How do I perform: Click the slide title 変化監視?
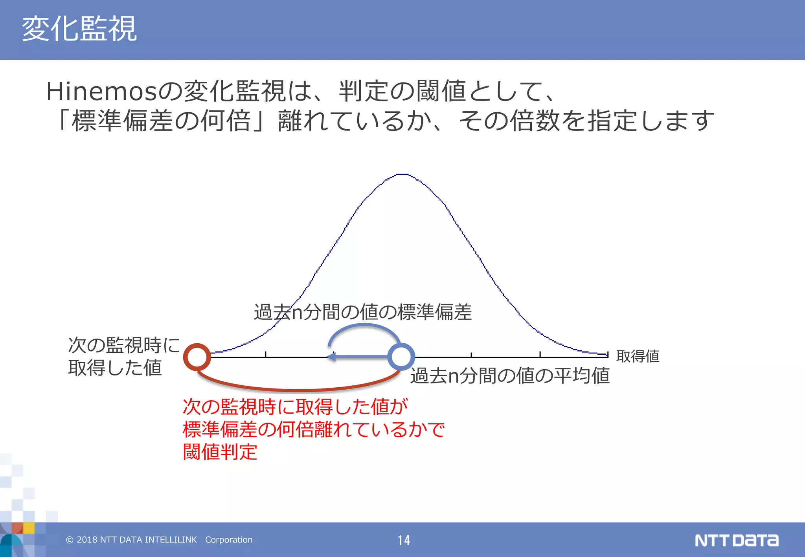point(79,29)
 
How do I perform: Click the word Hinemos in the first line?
point(101,91)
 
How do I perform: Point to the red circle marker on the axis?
point(197,357)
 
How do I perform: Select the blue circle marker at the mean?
point(401,357)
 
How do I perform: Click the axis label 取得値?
point(638,356)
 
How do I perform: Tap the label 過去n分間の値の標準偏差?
point(362,312)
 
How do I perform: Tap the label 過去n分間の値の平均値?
point(510,376)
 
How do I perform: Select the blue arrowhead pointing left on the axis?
point(331,357)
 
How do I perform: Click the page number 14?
point(404,540)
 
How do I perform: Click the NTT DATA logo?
point(736,540)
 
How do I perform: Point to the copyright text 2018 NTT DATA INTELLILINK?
point(131,540)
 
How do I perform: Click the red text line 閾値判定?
point(220,452)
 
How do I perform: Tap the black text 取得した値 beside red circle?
point(115,368)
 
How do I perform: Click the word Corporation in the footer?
point(229,540)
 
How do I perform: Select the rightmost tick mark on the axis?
point(608,355)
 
